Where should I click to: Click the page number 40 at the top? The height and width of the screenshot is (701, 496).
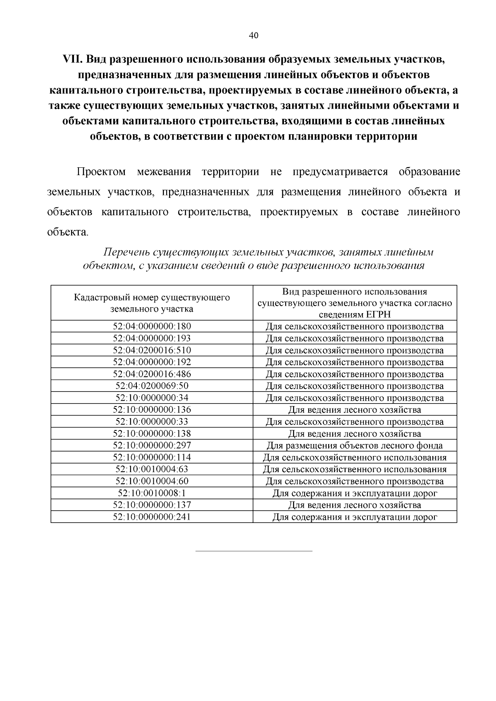(x=253, y=36)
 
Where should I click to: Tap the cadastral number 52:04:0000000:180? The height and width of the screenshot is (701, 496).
(x=152, y=326)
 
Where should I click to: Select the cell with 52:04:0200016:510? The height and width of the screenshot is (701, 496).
(x=152, y=350)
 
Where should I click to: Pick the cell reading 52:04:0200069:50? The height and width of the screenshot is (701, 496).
(x=152, y=386)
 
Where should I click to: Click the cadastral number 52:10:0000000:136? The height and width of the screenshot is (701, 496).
(x=152, y=410)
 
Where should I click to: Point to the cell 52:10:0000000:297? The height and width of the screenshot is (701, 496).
(x=152, y=445)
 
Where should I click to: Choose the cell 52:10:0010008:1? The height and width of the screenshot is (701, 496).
(x=152, y=493)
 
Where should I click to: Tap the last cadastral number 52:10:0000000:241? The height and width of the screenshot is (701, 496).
(x=152, y=517)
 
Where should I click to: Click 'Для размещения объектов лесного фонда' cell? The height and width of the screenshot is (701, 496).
(x=355, y=446)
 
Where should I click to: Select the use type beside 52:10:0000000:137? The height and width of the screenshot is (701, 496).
(x=355, y=505)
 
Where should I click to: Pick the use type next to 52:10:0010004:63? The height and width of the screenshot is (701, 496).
(x=355, y=469)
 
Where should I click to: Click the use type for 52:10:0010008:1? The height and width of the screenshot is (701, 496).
(x=355, y=493)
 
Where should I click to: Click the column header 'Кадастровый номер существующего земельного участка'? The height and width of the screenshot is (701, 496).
(x=152, y=303)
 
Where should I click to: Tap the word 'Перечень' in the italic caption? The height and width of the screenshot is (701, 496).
(x=126, y=252)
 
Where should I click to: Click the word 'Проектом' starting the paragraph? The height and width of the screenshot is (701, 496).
(x=101, y=172)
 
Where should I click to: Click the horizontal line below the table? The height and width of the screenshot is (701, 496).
(x=253, y=551)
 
